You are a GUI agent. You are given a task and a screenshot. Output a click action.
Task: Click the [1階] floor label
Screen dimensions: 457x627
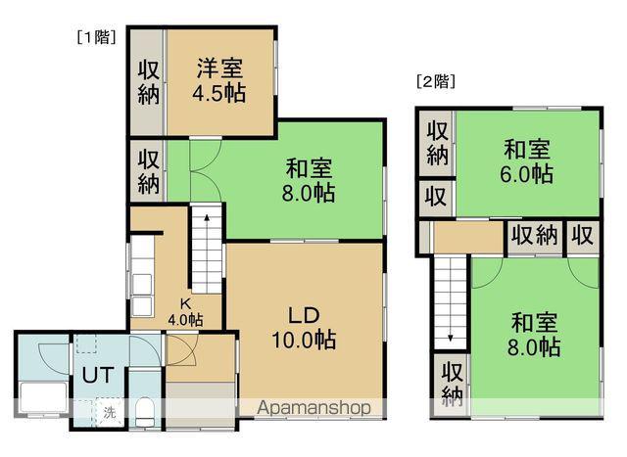tap(95, 37)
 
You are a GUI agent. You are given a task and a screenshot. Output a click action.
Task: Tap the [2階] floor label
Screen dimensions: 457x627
tap(437, 82)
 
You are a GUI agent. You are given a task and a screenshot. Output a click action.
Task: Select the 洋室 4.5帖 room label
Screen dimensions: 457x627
tap(219, 81)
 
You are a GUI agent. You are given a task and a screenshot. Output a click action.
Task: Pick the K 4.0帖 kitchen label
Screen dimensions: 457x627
tap(185, 312)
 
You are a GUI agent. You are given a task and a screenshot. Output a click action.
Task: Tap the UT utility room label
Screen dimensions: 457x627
tap(97, 375)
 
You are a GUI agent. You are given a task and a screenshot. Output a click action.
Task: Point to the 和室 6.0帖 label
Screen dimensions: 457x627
tap(529, 162)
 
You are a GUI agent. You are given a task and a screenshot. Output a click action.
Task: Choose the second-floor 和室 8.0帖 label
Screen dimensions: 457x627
tap(535, 333)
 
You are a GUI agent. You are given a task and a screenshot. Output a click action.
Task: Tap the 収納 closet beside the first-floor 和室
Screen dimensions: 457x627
tap(147, 170)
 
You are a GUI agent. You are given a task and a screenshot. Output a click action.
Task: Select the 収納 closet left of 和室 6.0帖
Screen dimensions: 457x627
tap(437, 142)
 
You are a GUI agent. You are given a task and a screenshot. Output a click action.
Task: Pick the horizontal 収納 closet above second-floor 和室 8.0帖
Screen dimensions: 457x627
tap(534, 235)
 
